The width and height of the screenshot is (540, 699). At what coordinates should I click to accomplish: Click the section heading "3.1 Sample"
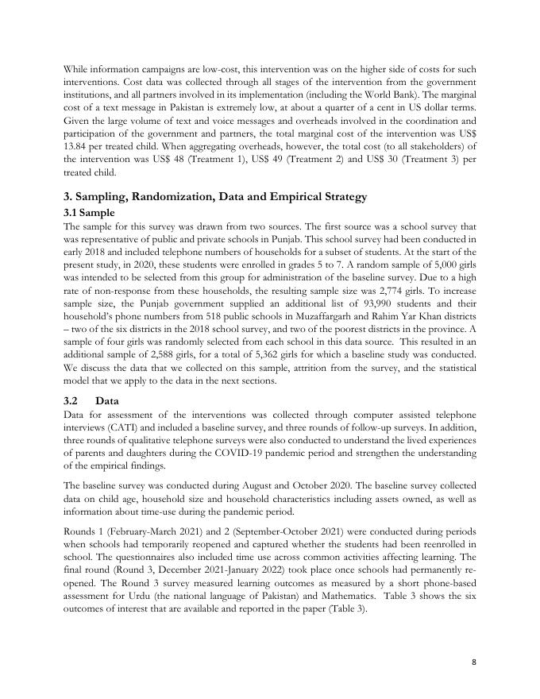(x=90, y=213)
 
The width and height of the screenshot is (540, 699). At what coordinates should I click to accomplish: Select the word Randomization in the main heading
(x=175, y=197)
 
